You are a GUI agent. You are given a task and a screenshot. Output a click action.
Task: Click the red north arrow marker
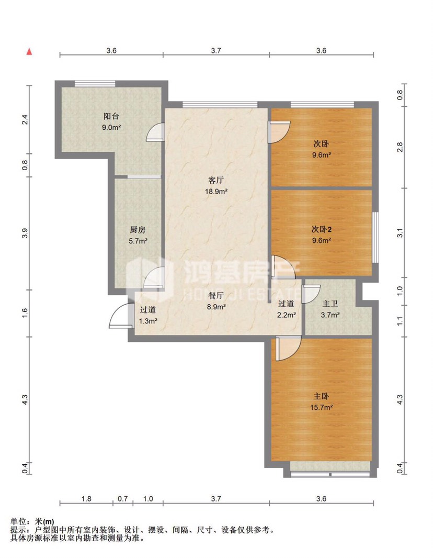click(x=29, y=52)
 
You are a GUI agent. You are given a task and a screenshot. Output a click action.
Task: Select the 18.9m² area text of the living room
click(x=216, y=191)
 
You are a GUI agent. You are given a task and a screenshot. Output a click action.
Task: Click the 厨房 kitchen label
click(x=138, y=230)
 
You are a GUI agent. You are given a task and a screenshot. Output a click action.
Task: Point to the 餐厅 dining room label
click(x=216, y=295)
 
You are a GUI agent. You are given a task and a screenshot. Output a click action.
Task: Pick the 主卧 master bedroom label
click(x=321, y=396)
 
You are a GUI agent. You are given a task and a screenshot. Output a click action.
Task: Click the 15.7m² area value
click(x=322, y=407)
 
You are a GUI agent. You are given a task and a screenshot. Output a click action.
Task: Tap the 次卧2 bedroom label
click(x=322, y=230)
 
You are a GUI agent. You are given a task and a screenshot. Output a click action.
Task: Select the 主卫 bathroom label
click(x=330, y=304)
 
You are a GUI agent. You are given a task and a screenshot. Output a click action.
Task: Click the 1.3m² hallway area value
click(x=148, y=321)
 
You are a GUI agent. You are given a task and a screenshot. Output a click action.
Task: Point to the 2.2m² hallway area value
click(x=286, y=315)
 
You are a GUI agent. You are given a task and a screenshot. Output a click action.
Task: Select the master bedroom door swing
click(x=288, y=348)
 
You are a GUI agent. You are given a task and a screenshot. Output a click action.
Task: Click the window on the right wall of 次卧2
click(x=375, y=237)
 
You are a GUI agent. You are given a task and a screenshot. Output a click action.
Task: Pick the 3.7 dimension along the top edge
click(x=216, y=51)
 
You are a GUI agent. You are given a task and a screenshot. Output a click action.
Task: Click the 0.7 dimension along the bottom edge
click(x=123, y=498)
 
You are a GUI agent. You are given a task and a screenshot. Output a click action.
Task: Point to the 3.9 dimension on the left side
click(x=25, y=233)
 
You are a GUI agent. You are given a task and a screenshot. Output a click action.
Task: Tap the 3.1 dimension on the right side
click(x=400, y=233)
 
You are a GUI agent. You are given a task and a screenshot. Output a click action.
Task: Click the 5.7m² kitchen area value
click(x=138, y=241)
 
